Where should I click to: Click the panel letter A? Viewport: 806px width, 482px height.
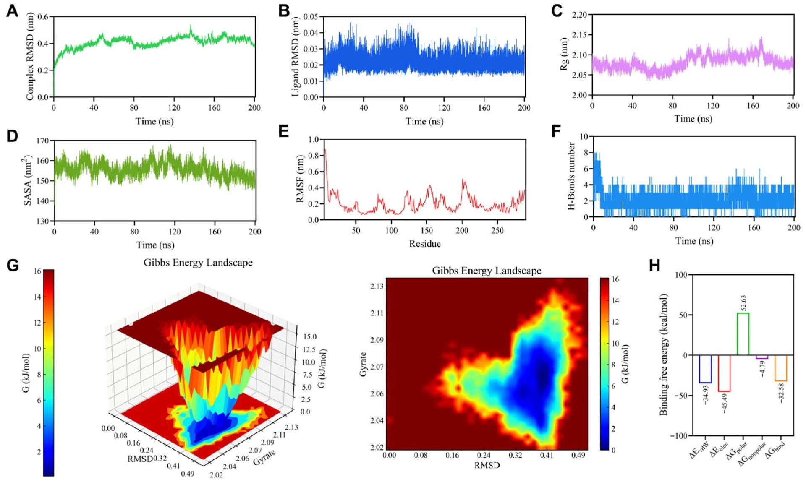pos(12,11)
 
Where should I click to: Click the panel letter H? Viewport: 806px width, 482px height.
pos(654,266)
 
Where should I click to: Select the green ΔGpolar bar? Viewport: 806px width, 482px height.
pos(743,334)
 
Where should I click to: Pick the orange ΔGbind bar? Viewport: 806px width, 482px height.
pos(780,368)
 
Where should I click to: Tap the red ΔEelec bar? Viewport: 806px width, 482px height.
pos(724,373)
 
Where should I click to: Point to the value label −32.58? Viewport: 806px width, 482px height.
pos(781,393)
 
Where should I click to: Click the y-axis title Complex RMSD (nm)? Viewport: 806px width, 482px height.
pos(30,56)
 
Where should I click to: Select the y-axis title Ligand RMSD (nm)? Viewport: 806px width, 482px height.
pos(295,56)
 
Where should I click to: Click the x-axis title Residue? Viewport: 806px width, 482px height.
pos(425,244)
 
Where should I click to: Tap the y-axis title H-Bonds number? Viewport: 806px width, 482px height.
pos(571,176)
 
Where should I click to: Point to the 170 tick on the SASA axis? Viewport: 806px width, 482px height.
pos(43,141)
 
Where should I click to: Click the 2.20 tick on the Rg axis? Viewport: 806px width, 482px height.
pos(579,15)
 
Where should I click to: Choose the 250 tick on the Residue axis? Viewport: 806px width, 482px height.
pos(497,230)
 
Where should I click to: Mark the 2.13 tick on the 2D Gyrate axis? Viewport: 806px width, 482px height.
pos(377,286)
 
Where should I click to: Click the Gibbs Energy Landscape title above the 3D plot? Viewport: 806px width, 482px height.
pos(198,263)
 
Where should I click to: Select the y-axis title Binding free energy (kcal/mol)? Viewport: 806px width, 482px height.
pos(664,355)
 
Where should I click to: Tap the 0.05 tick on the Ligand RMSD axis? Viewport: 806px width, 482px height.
pos(311,17)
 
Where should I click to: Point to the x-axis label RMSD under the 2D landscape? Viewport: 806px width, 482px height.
pos(487,465)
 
